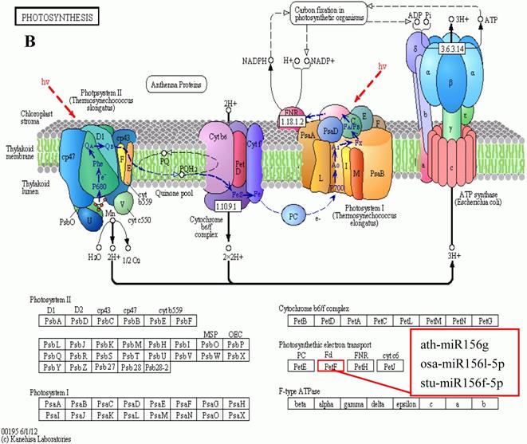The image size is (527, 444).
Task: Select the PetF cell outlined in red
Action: [331, 367]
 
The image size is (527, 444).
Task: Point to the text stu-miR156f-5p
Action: [460, 383]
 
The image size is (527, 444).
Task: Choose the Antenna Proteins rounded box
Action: [172, 84]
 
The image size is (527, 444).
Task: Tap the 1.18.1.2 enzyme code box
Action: [294, 121]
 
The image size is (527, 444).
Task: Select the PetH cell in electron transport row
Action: [360, 367]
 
